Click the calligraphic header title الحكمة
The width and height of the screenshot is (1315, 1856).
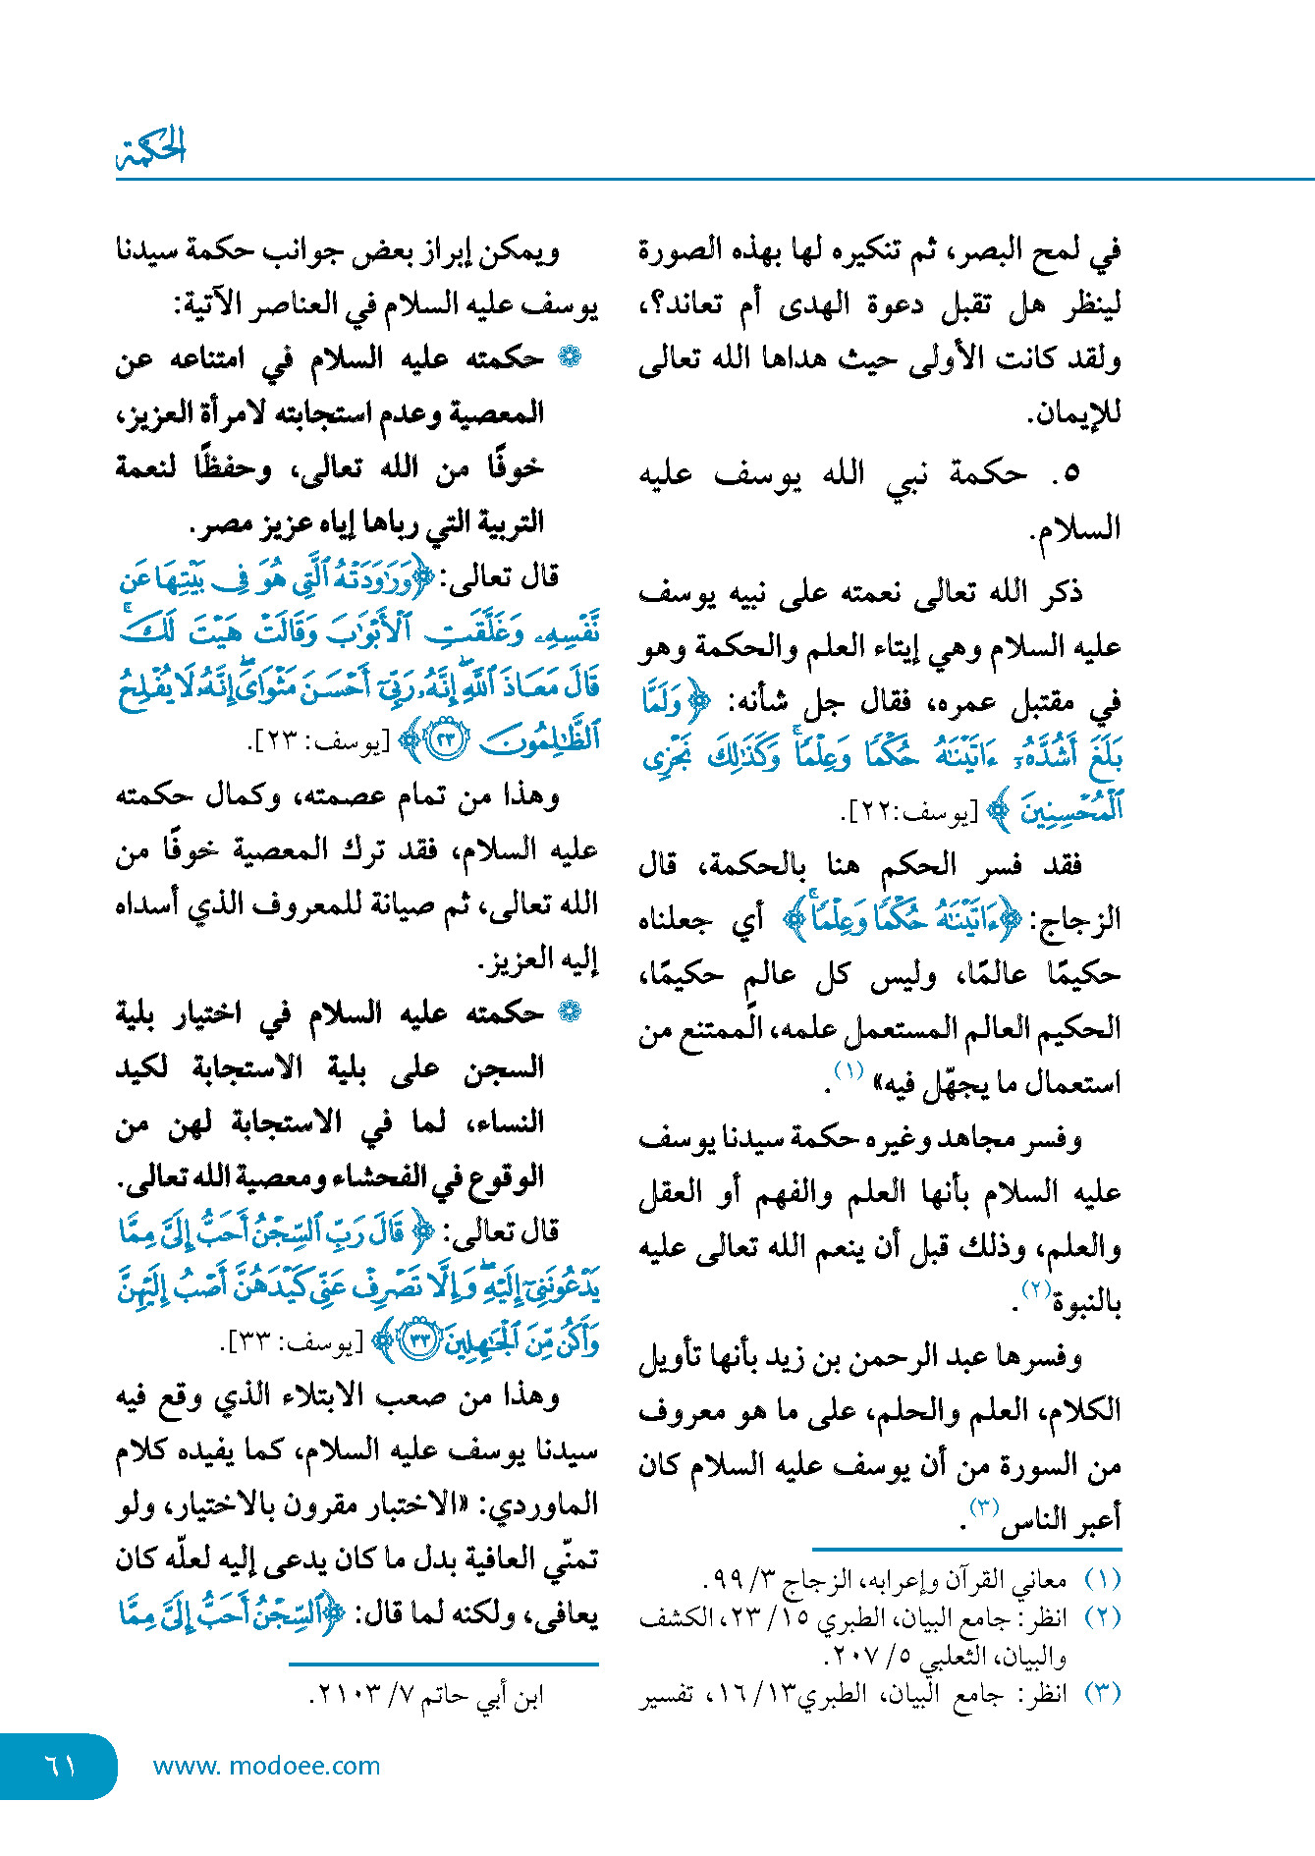coord(151,147)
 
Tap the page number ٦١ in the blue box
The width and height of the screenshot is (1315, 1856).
coord(61,1765)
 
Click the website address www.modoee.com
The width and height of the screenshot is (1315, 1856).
coord(266,1766)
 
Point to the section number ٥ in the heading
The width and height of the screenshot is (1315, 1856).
coord(1071,474)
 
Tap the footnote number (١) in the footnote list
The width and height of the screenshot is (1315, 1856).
coord(1102,1580)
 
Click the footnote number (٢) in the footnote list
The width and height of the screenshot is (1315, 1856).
coord(1102,1617)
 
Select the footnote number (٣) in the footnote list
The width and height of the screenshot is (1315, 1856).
coord(1102,1693)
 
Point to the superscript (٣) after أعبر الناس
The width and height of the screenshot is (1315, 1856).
coord(984,1506)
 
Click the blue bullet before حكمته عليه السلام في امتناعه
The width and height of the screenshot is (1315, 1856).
coord(569,357)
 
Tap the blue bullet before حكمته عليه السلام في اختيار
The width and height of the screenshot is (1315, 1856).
coord(569,1011)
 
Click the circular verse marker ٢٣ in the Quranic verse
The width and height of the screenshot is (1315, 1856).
coord(448,739)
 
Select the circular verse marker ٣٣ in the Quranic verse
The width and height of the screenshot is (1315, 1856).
coord(420,1339)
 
